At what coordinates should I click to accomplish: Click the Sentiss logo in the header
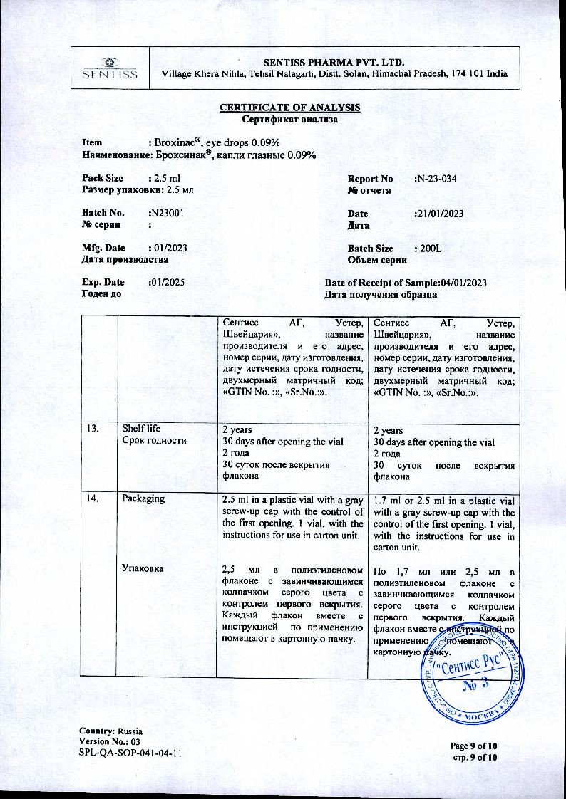tap(110, 67)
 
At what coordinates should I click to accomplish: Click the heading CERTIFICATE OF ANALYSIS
tap(289, 108)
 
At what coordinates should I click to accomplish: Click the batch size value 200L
tap(429, 249)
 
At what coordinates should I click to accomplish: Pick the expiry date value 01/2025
tap(168, 282)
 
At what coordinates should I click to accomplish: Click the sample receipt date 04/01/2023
tap(464, 283)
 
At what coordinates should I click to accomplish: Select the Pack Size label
tap(103, 178)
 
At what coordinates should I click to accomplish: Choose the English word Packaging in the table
tap(143, 498)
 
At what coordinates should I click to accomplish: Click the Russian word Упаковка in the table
tap(143, 568)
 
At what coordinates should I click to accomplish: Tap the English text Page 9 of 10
tap(474, 746)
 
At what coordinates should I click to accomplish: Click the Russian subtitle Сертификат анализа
tap(289, 119)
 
